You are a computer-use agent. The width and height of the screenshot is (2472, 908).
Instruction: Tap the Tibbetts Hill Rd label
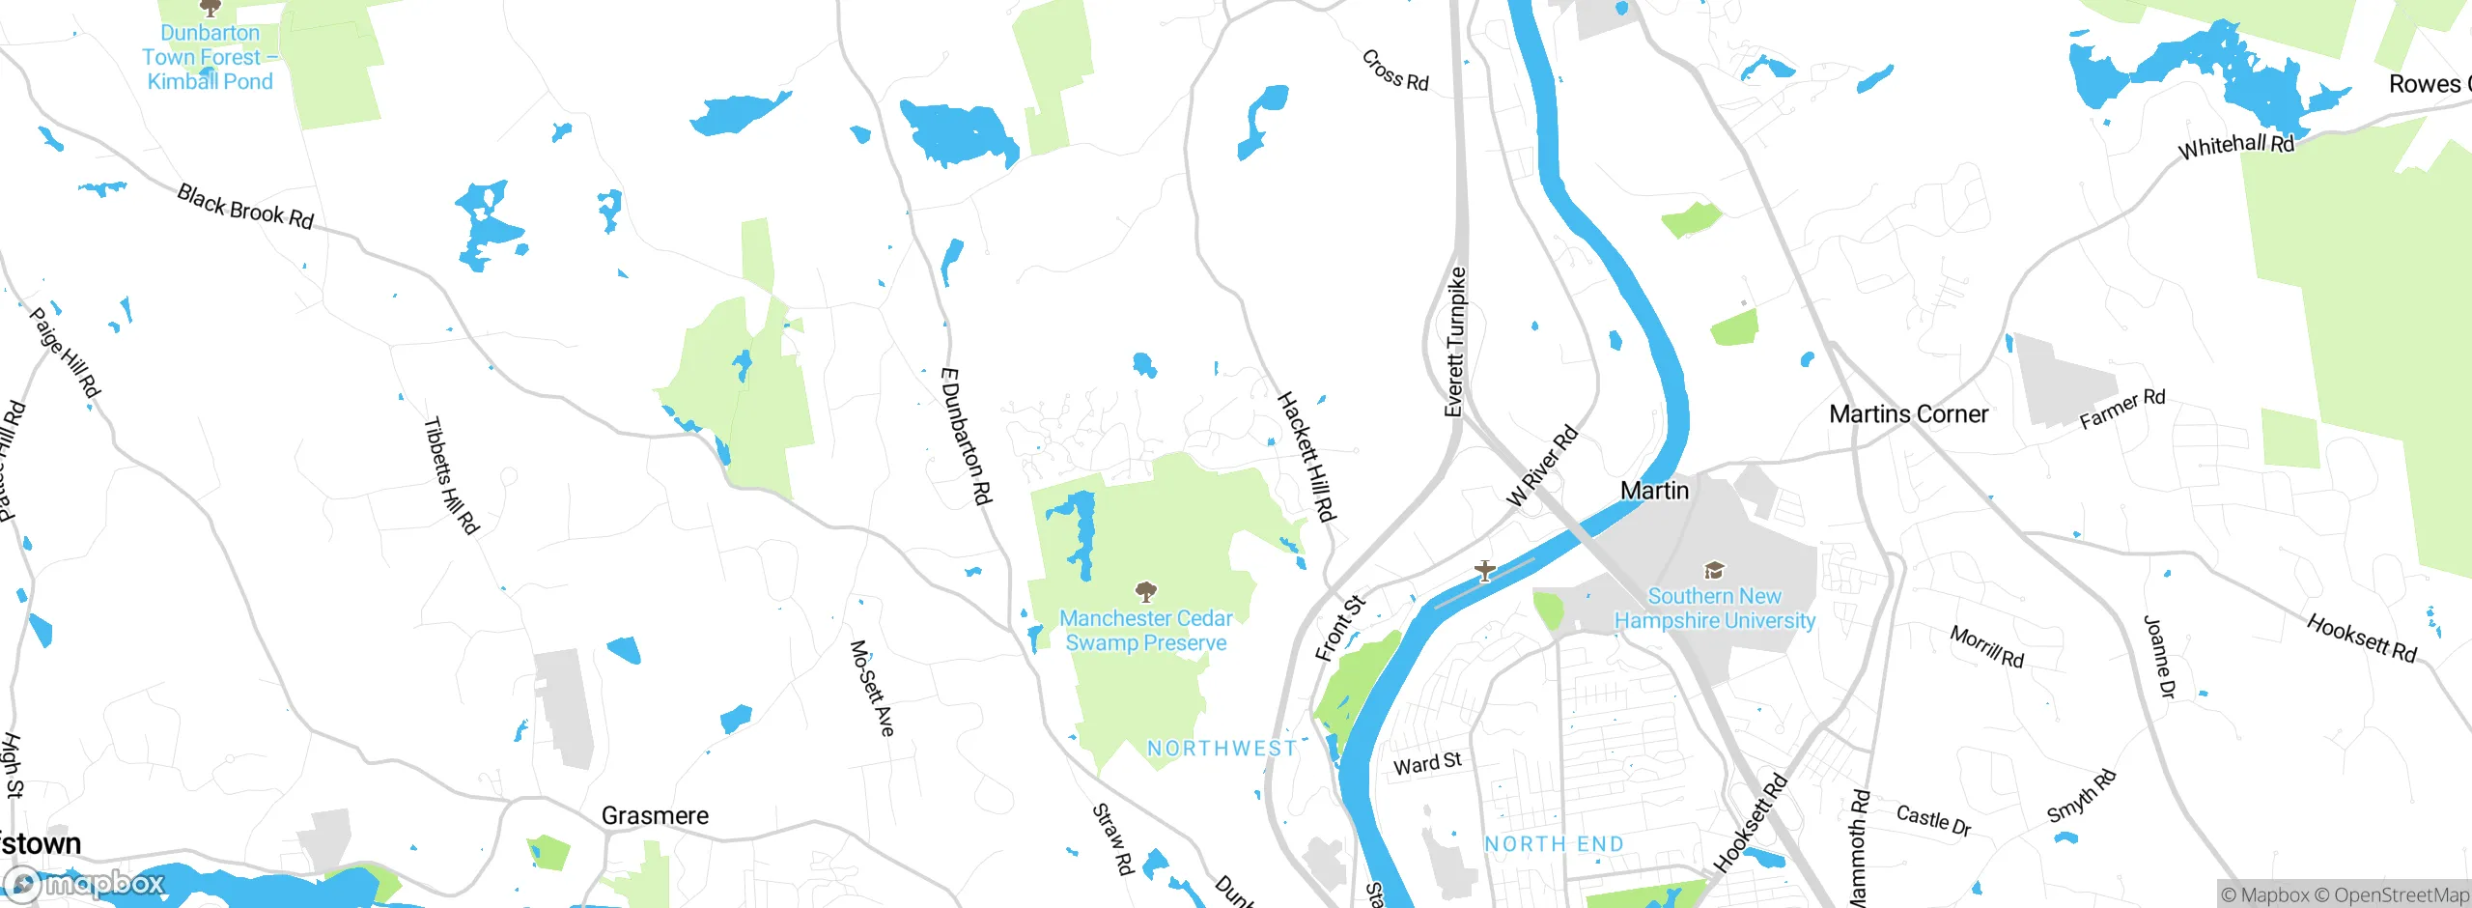[x=451, y=475]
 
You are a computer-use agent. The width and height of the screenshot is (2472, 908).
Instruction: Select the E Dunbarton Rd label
[x=966, y=436]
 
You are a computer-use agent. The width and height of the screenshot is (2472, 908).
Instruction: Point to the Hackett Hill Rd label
[x=1306, y=456]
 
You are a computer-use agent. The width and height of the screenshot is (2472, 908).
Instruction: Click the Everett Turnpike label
[x=1455, y=343]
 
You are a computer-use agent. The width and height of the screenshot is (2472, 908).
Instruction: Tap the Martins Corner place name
[x=1908, y=414]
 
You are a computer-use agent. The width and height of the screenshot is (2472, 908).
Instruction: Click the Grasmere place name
[x=655, y=816]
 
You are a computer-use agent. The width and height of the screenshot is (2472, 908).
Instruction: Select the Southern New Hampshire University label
[x=1714, y=609]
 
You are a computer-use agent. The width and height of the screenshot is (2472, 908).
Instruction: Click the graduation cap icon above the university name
[x=1714, y=571]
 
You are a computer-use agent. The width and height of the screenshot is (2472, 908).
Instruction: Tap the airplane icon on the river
[x=1484, y=571]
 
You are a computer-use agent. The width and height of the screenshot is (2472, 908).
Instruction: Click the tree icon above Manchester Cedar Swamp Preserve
[x=1146, y=591]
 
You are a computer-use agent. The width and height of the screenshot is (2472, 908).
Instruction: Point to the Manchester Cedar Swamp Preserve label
[x=1146, y=631]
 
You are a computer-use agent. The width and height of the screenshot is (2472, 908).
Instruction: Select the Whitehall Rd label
[x=2235, y=146]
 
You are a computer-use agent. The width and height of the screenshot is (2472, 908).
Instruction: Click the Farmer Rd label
[x=2121, y=410]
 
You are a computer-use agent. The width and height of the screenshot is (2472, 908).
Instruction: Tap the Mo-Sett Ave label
[x=872, y=688]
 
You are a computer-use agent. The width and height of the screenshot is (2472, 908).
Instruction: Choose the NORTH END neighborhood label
[x=1554, y=844]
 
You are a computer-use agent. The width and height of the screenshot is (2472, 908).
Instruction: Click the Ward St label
[x=1427, y=764]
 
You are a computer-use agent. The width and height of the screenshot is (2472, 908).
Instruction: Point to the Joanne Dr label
[x=2159, y=657]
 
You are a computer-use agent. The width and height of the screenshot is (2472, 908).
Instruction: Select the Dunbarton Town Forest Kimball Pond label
[x=210, y=58]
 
